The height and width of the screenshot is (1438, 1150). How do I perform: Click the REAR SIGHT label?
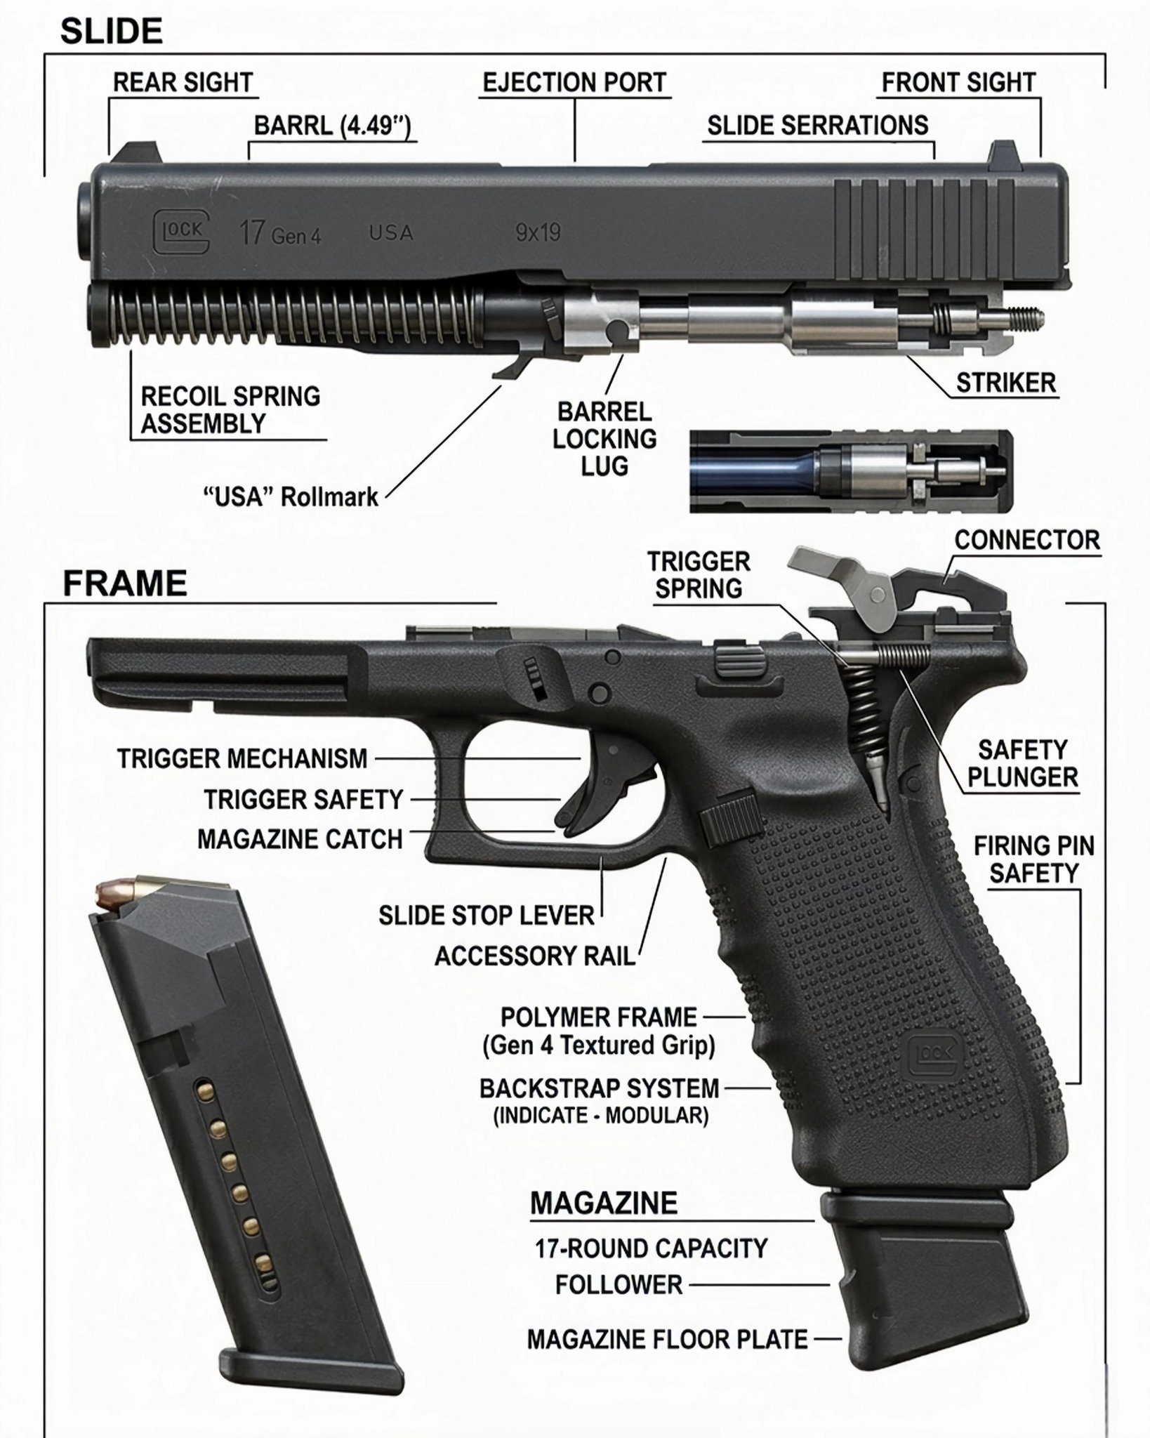coord(183,82)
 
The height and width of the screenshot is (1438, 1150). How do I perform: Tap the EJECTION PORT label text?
coord(574,82)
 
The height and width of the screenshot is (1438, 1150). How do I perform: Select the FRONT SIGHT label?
coord(958,82)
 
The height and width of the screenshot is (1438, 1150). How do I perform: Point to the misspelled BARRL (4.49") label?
coord(332,126)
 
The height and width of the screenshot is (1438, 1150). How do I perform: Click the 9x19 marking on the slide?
coord(538,232)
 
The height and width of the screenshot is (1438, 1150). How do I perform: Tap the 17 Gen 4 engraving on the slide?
coord(280,233)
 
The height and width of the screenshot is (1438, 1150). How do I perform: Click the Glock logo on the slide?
coord(181,232)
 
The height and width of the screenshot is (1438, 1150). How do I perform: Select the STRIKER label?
coord(1005,383)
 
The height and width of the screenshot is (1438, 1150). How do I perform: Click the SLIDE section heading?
coord(112,32)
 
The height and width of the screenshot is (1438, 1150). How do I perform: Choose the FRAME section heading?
coord(125,583)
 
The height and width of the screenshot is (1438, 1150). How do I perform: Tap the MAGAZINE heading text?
coord(604,1203)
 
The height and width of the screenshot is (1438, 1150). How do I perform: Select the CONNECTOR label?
coord(1027,540)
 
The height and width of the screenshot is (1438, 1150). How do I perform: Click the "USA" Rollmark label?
coord(291,496)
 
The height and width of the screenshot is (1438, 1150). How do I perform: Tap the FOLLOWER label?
coord(619,1285)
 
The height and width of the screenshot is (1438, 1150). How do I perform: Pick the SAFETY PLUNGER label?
coord(1022,763)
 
